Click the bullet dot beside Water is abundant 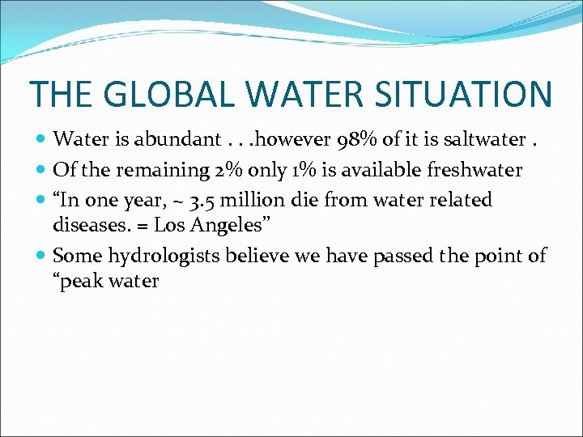[41, 140]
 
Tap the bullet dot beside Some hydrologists [41, 257]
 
